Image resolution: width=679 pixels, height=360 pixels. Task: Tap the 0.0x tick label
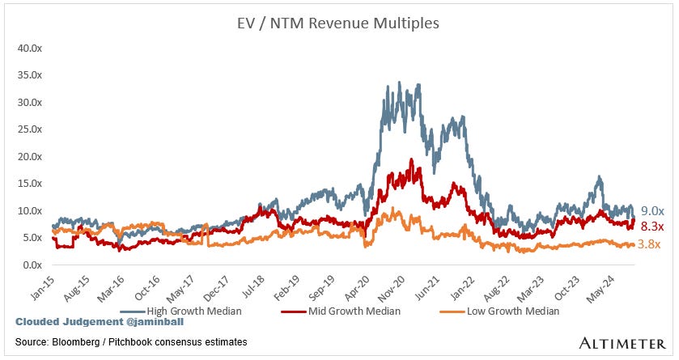(x=32, y=265)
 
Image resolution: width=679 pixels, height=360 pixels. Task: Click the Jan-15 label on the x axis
(x=39, y=284)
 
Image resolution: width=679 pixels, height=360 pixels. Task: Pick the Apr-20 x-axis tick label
(x=357, y=284)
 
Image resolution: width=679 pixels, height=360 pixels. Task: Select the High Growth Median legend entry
(x=183, y=310)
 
